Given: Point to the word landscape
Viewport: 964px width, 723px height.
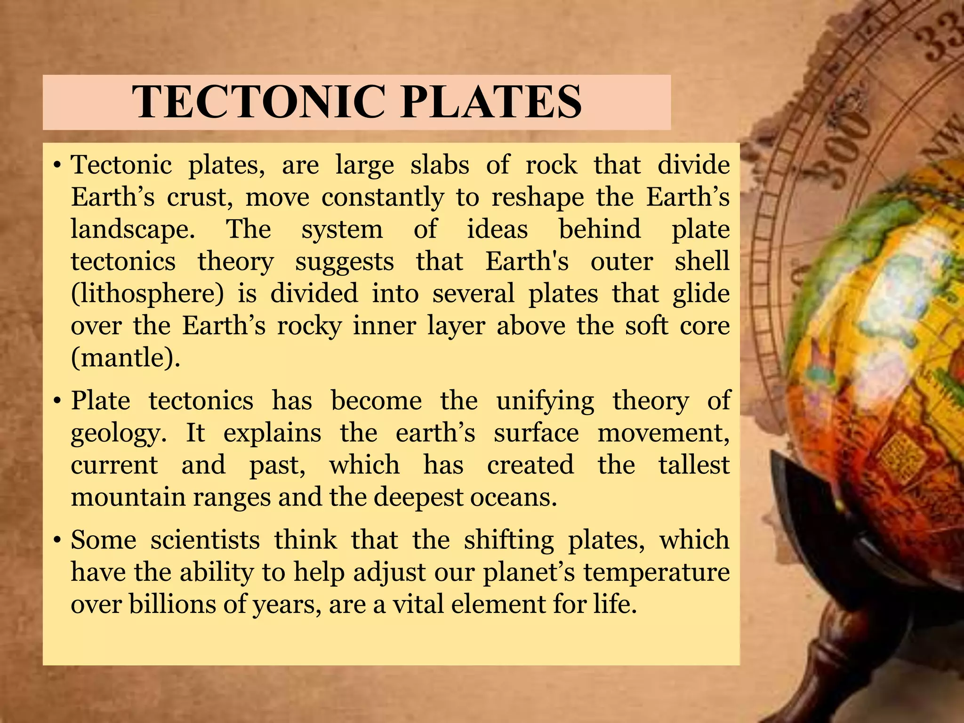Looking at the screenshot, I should [x=132, y=230].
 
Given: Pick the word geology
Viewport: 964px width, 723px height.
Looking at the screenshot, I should [x=118, y=433].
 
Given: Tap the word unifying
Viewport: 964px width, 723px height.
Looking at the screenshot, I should [x=545, y=401].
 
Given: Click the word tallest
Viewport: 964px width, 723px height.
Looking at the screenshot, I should [x=694, y=465].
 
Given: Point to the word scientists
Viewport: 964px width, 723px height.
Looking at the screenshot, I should [x=205, y=540].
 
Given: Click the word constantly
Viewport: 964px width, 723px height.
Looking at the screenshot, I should [x=382, y=197].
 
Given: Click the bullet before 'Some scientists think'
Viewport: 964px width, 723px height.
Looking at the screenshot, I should [x=56, y=540].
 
